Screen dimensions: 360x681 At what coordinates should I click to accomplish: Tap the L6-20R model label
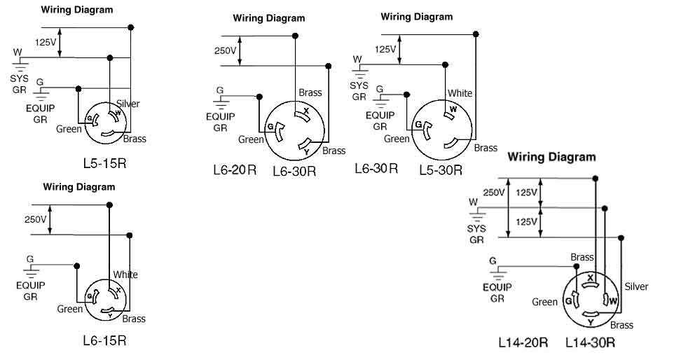(x=235, y=169)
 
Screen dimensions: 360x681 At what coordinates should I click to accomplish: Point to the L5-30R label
(x=441, y=169)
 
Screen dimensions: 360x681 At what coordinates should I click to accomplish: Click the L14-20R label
(x=523, y=343)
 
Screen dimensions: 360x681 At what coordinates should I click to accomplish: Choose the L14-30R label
(x=591, y=343)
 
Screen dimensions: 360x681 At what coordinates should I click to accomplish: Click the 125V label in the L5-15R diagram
(x=46, y=42)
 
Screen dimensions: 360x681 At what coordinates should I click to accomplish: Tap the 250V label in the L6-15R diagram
(x=35, y=219)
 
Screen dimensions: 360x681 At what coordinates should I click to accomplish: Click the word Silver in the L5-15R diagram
(x=128, y=104)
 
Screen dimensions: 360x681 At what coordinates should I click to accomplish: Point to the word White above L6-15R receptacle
(x=126, y=275)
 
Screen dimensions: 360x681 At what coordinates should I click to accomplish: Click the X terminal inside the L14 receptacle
(x=591, y=278)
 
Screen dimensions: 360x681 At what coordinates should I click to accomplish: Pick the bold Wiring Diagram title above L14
(x=551, y=157)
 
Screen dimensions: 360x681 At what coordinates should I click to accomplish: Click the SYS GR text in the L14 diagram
(x=476, y=233)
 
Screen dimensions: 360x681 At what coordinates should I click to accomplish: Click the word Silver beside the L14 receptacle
(x=635, y=286)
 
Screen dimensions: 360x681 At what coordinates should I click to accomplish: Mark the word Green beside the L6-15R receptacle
(x=70, y=309)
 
